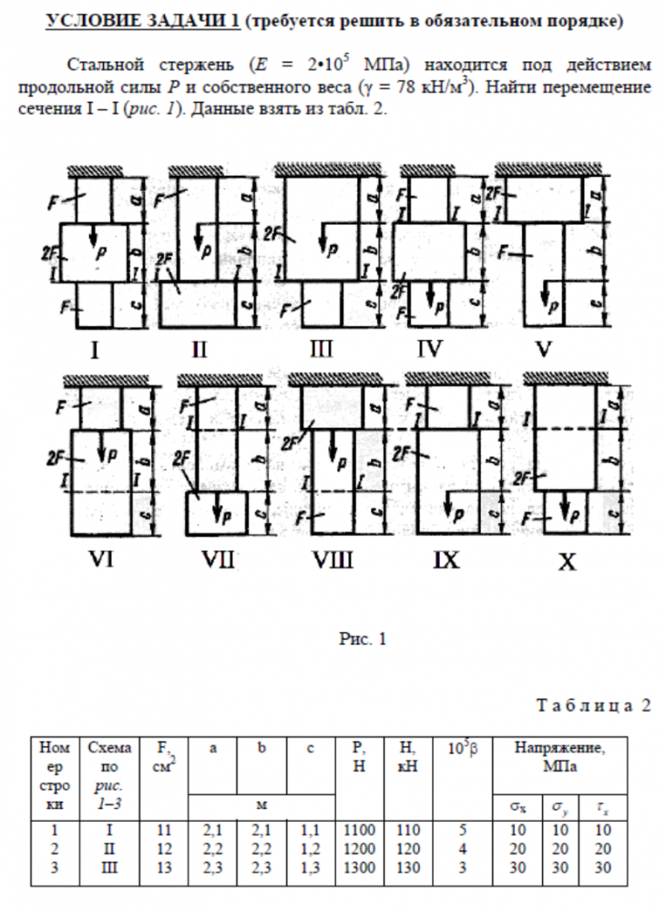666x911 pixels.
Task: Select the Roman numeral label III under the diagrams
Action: (x=321, y=347)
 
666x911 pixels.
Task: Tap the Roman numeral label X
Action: (x=567, y=563)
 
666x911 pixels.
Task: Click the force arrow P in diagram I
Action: (x=93, y=240)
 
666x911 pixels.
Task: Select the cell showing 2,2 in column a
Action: (x=211, y=849)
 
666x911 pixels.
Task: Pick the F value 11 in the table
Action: (x=164, y=832)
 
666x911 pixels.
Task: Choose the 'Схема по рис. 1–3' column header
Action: (x=110, y=766)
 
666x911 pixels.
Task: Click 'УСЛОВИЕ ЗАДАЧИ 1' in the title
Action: (x=143, y=22)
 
